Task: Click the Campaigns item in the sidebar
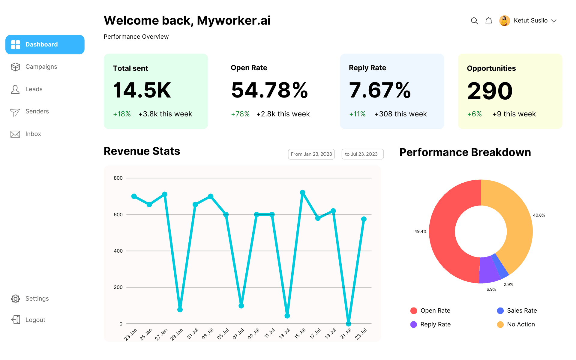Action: (x=34, y=67)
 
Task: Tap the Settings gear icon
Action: (x=16, y=298)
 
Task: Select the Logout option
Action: (x=28, y=320)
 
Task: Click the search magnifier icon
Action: (x=474, y=21)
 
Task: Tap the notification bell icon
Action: (x=489, y=21)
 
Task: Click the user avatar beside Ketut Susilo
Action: (x=505, y=21)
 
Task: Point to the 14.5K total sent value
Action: (x=142, y=90)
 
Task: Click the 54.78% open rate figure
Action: (x=269, y=90)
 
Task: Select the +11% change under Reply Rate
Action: (x=357, y=114)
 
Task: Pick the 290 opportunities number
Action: (x=490, y=91)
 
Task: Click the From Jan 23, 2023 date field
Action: (x=311, y=154)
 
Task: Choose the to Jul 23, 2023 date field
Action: (x=363, y=154)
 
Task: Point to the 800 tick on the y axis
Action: (x=118, y=178)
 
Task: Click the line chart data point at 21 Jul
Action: (x=348, y=324)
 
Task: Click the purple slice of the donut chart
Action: (x=489, y=270)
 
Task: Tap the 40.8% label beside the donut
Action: (x=539, y=215)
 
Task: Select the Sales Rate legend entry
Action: (x=517, y=310)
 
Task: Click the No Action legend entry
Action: (x=516, y=324)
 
